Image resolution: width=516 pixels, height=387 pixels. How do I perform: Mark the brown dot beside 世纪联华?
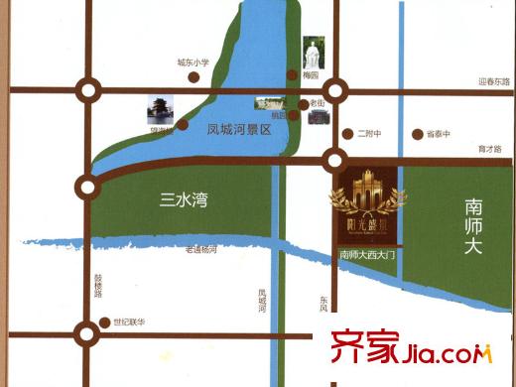[105, 322]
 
